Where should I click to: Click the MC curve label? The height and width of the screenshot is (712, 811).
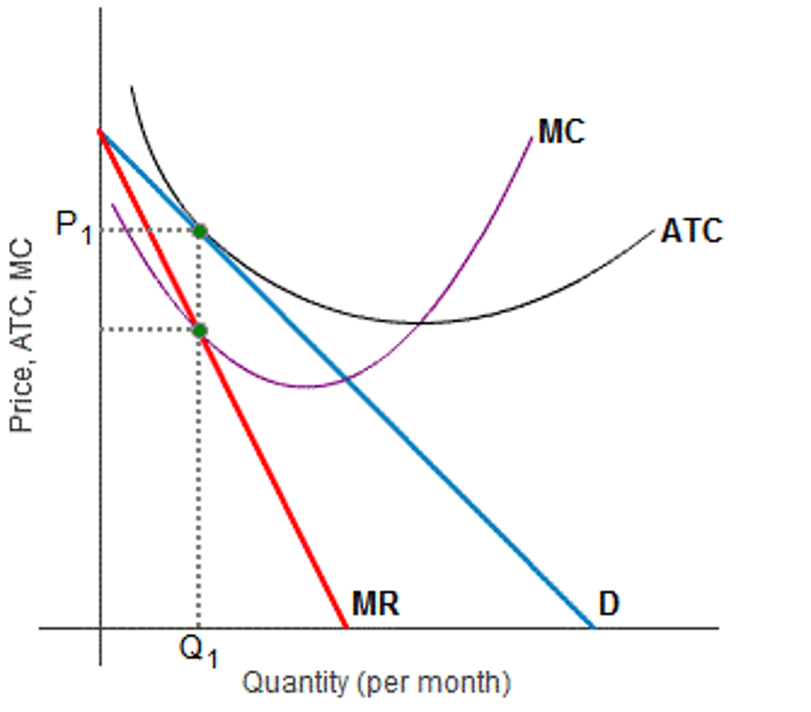click(x=561, y=132)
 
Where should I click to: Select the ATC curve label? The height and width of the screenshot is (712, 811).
click(x=692, y=231)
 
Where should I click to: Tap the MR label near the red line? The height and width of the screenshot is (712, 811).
click(x=376, y=603)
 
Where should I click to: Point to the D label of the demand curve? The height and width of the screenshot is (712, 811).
click(x=609, y=604)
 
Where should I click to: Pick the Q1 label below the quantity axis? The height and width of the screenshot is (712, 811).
click(x=199, y=651)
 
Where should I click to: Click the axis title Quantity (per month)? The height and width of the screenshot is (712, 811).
click(x=376, y=682)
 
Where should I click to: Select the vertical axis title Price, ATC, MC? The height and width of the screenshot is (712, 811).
click(x=21, y=335)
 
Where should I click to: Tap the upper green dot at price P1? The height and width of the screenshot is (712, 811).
click(x=200, y=231)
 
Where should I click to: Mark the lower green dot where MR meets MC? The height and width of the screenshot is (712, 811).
click(x=200, y=330)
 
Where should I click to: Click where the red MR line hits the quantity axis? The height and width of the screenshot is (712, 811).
click(x=346, y=627)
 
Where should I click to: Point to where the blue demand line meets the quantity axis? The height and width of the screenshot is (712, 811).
click(x=592, y=627)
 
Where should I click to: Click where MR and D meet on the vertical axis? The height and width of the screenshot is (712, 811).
click(x=100, y=131)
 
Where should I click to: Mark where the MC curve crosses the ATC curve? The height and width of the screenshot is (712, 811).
click(x=421, y=323)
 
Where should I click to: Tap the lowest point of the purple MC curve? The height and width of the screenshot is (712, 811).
click(x=306, y=387)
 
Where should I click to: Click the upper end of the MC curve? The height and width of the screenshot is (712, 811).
click(x=532, y=138)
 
